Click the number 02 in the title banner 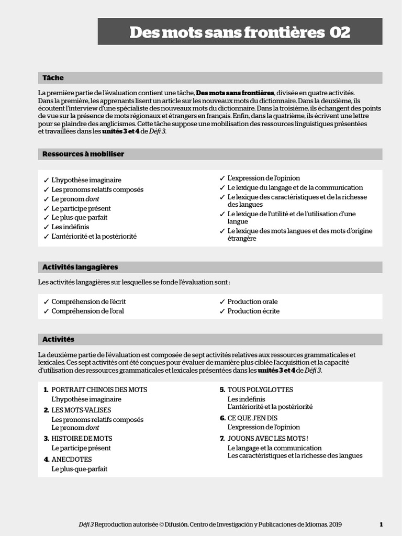pyautogui.click(x=340, y=32)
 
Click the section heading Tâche pyautogui.click(x=53, y=78)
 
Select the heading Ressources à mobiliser pyautogui.click(x=83, y=154)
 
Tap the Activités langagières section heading pyautogui.click(x=80, y=267)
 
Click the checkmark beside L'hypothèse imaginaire pyautogui.click(x=46, y=181)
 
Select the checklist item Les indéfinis pyautogui.click(x=70, y=227)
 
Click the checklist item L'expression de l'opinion pyautogui.click(x=263, y=178)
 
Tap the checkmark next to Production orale pyautogui.click(x=222, y=302)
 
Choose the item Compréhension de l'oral pyautogui.click(x=87, y=311)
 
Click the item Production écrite pyautogui.click(x=253, y=311)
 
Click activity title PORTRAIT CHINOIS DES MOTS pyautogui.click(x=99, y=390)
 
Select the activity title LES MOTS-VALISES pyautogui.click(x=81, y=410)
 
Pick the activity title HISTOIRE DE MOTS pyautogui.click(x=82, y=439)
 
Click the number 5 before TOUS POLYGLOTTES pyautogui.click(x=222, y=390)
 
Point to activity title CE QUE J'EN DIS pyautogui.click(x=252, y=418)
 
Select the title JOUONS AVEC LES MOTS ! pyautogui.click(x=267, y=439)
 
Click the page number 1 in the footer pyautogui.click(x=381, y=524)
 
